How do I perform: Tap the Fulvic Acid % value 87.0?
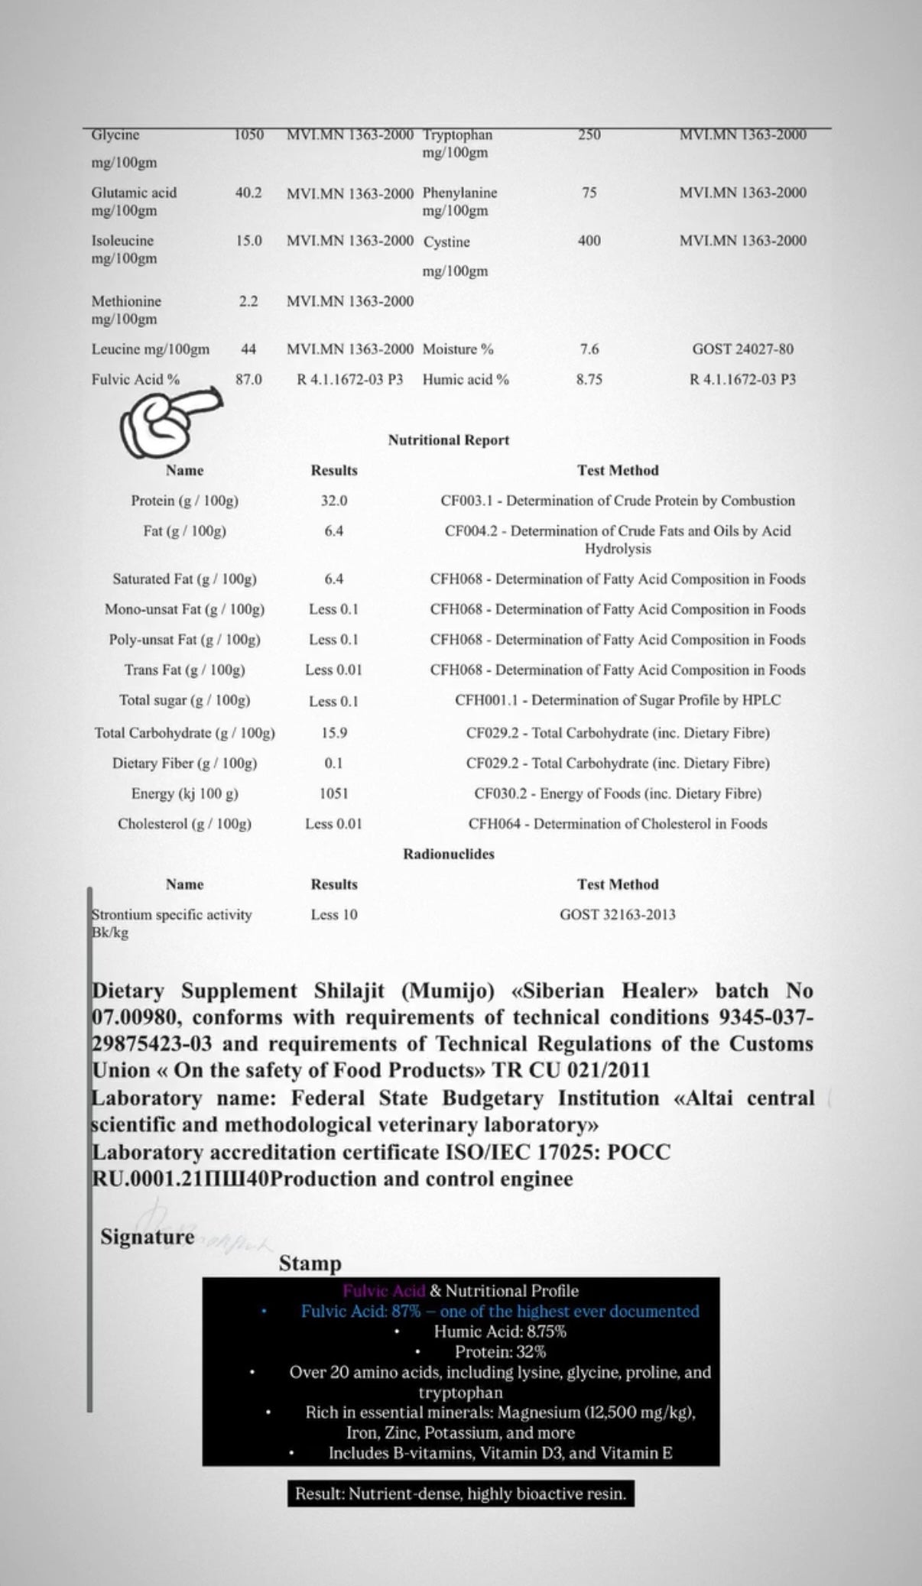tap(248, 379)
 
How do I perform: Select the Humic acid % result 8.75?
tap(589, 379)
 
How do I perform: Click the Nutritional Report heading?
tap(448, 440)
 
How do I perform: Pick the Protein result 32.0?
tap(334, 501)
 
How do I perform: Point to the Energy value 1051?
tap(334, 793)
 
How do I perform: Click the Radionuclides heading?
tap(449, 854)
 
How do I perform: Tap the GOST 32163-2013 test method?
tap(618, 914)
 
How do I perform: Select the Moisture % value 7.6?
tap(589, 349)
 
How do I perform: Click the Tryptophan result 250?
tap(589, 135)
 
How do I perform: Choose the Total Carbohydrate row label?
tap(184, 733)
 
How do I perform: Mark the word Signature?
tap(148, 1237)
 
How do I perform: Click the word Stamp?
tap(310, 1263)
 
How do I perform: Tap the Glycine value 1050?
tap(248, 135)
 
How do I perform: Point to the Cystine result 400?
tap(589, 241)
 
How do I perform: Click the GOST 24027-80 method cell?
tap(742, 349)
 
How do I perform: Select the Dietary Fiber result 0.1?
tap(334, 763)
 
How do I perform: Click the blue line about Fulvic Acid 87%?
tap(500, 1312)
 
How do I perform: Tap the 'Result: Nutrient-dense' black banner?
tap(461, 1494)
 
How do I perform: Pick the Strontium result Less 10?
tap(334, 914)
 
